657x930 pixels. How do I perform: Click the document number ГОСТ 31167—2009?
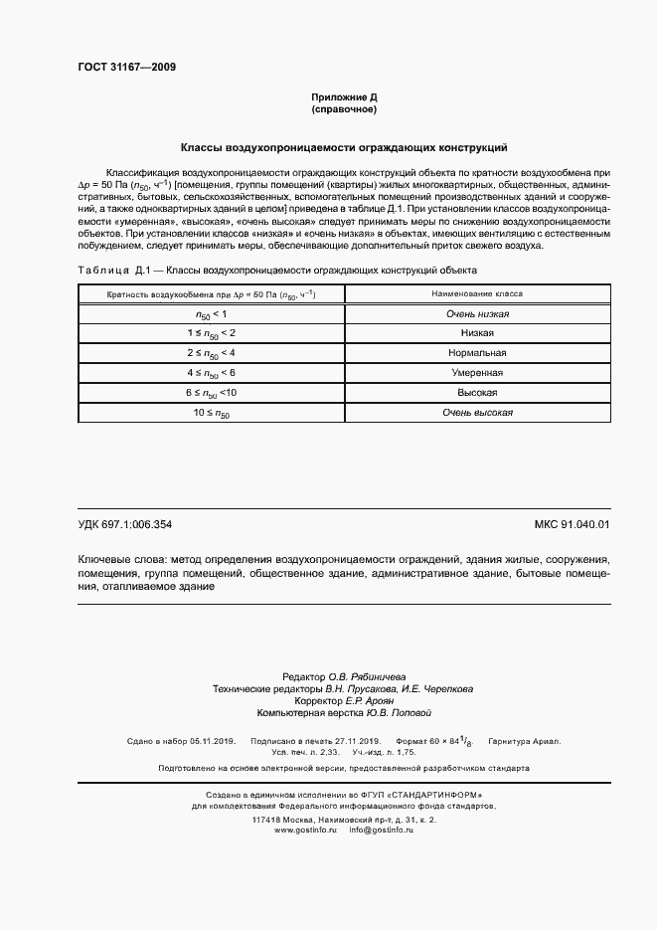[127, 67]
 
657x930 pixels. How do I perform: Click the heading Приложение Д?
[344, 97]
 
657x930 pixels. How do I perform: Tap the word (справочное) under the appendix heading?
[344, 109]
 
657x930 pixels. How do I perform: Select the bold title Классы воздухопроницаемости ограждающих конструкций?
[343, 146]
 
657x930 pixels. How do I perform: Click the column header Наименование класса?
[477, 294]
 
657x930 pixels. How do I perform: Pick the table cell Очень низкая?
[477, 314]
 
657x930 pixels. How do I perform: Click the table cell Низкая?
[477, 333]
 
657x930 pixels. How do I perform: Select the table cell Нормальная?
[477, 353]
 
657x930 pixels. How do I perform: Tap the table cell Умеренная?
[477, 373]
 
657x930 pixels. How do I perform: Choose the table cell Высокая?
[477, 392]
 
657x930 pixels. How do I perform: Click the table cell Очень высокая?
[477, 412]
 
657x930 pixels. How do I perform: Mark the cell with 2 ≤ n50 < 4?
[211, 353]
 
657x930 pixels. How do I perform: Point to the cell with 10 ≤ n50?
[211, 412]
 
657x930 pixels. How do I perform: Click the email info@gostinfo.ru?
[381, 829]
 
